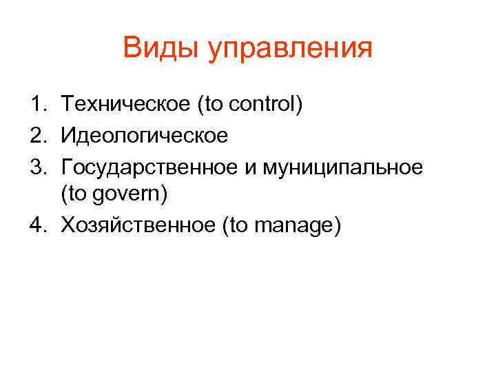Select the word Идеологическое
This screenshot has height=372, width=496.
click(x=144, y=136)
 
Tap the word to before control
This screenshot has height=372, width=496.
click(x=214, y=106)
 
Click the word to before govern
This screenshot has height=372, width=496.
click(x=77, y=195)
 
